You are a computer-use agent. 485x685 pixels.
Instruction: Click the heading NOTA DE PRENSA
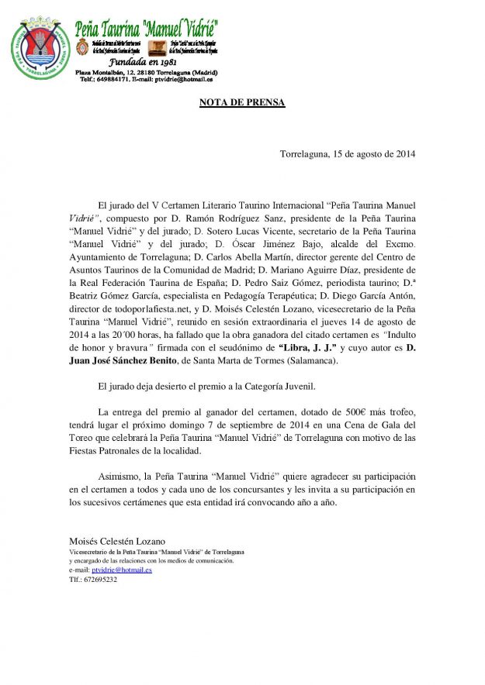tap(242, 102)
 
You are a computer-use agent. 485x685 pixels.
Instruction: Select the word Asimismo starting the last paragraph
tap(121, 476)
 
